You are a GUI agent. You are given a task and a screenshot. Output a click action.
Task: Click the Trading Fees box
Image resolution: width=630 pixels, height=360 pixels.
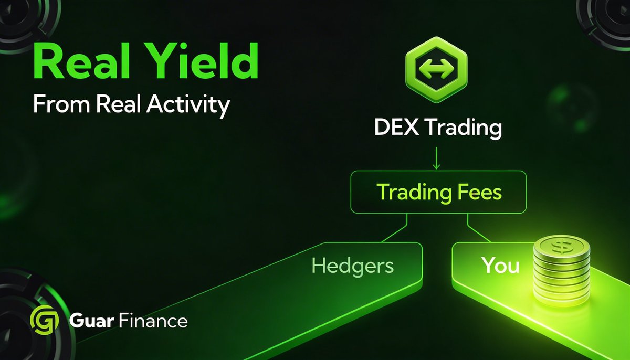coord(439,193)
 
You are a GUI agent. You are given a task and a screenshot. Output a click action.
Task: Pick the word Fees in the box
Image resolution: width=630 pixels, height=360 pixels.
coord(477,193)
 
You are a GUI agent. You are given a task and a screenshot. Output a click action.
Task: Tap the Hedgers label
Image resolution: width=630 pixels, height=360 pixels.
coord(352,266)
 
